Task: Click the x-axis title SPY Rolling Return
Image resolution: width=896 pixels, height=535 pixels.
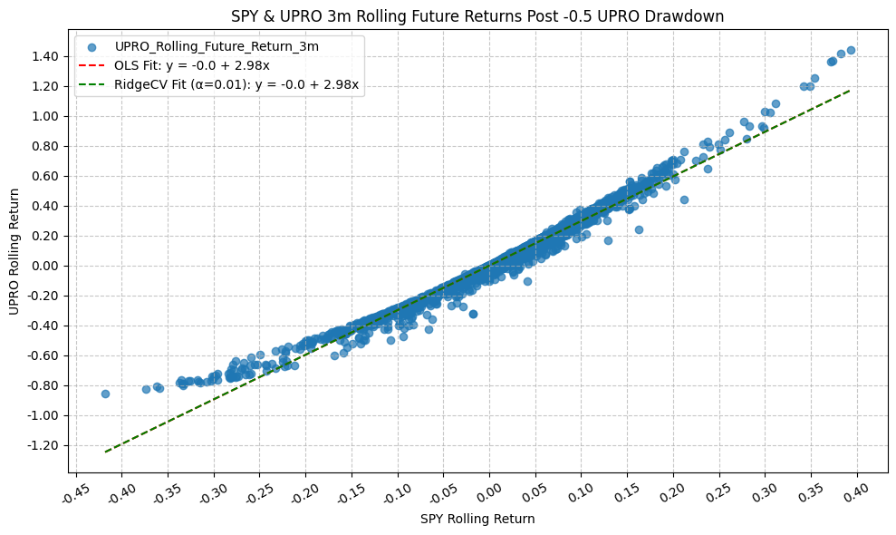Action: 477,520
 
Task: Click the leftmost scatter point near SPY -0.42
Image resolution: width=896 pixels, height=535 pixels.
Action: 105,394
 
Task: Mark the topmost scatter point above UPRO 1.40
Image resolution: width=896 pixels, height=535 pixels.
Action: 851,50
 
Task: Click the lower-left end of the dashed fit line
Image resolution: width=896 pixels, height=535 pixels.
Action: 106,451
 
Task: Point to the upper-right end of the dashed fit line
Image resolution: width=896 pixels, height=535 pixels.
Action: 850,90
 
